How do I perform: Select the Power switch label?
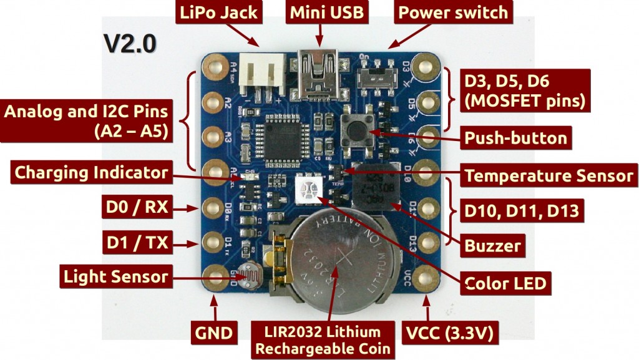[x=452, y=12]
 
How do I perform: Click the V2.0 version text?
[x=130, y=44]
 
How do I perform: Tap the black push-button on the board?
[x=358, y=131]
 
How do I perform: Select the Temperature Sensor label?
[x=549, y=175]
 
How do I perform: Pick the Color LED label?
[x=505, y=283]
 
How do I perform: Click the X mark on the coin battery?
[x=344, y=258]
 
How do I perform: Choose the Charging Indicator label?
[x=91, y=172]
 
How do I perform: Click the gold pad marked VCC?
[x=427, y=275]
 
